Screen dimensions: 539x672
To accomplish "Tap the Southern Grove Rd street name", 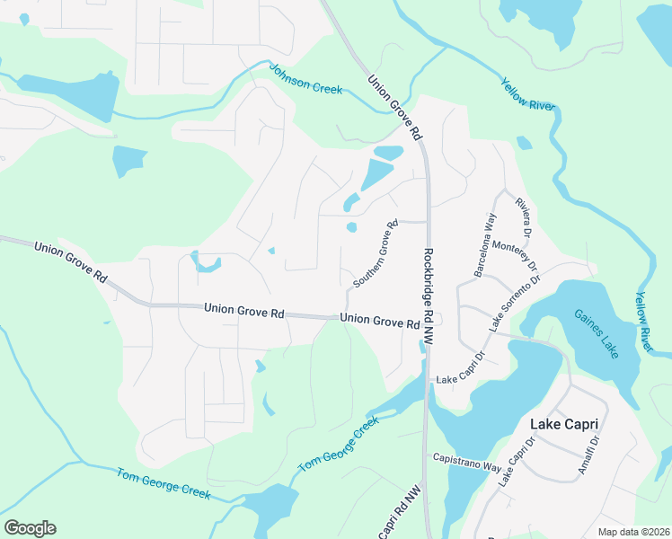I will (376, 254).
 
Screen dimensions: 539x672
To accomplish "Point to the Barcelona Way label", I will (485, 245).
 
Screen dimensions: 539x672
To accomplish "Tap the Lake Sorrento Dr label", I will (515, 305).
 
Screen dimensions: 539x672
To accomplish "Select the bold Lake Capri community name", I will (564, 423).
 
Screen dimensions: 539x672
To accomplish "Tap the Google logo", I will (30, 528).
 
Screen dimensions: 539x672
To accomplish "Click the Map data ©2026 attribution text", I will (633, 532).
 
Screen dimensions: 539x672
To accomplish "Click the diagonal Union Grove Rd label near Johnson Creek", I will (394, 106).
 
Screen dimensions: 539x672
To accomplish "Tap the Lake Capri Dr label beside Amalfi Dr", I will (517, 463).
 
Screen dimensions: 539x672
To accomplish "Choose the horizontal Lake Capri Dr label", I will (460, 380).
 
